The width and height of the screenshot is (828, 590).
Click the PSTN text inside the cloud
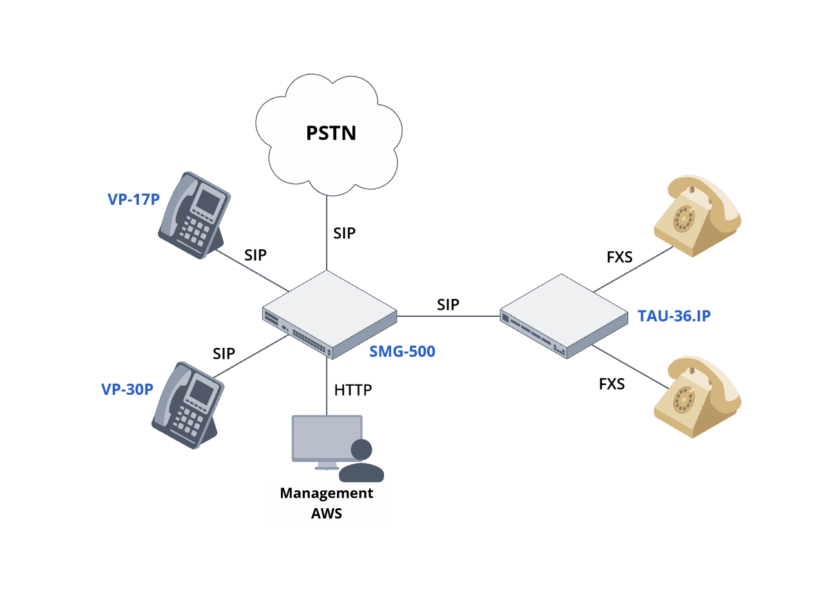coord(331,133)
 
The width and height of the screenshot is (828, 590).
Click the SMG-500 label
coord(402,352)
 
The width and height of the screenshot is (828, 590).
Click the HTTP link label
coord(353,390)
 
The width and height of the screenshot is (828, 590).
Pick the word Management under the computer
coord(326,493)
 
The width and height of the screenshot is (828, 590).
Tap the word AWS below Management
coord(327,513)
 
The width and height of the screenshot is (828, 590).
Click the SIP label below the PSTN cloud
coord(344,233)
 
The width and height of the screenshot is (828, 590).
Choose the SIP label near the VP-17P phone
coord(255,255)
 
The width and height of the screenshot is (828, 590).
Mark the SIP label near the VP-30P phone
coord(224,353)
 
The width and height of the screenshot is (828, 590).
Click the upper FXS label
coord(620,258)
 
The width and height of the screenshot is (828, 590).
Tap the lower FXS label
coord(611,384)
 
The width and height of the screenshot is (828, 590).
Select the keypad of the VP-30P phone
coord(189,419)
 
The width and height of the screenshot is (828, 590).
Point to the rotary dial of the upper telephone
coord(684,218)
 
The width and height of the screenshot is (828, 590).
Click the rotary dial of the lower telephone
coord(684,400)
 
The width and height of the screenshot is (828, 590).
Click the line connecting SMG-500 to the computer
coord(327,386)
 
